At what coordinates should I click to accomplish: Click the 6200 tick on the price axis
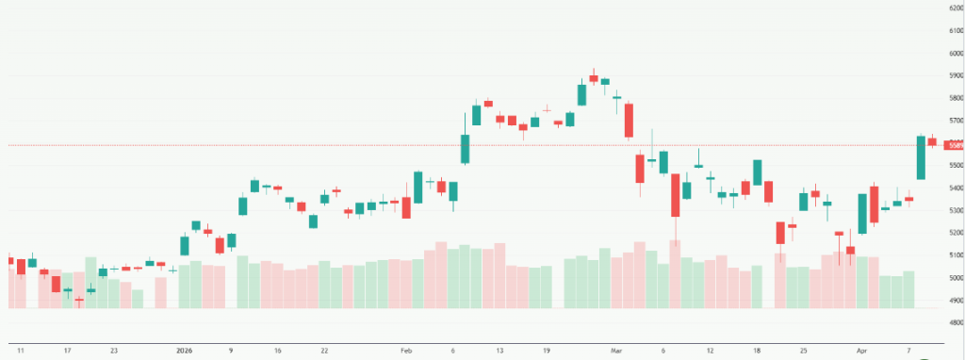953,8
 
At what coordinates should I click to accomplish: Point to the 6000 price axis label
953,54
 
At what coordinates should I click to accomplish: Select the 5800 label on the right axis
953,99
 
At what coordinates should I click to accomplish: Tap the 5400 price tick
953,188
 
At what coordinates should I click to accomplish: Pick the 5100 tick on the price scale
953,255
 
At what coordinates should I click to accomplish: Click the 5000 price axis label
953,278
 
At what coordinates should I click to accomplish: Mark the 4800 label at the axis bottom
953,323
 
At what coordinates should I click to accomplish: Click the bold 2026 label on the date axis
185,351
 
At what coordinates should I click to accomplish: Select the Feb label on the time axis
407,351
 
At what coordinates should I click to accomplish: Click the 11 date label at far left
21,351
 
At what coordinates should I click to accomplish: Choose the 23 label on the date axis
114,351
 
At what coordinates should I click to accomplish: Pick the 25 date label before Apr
804,351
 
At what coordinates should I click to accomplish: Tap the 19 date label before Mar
547,351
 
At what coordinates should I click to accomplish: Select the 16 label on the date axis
277,351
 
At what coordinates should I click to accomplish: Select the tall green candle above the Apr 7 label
921,157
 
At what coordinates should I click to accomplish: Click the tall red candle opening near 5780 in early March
629,121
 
